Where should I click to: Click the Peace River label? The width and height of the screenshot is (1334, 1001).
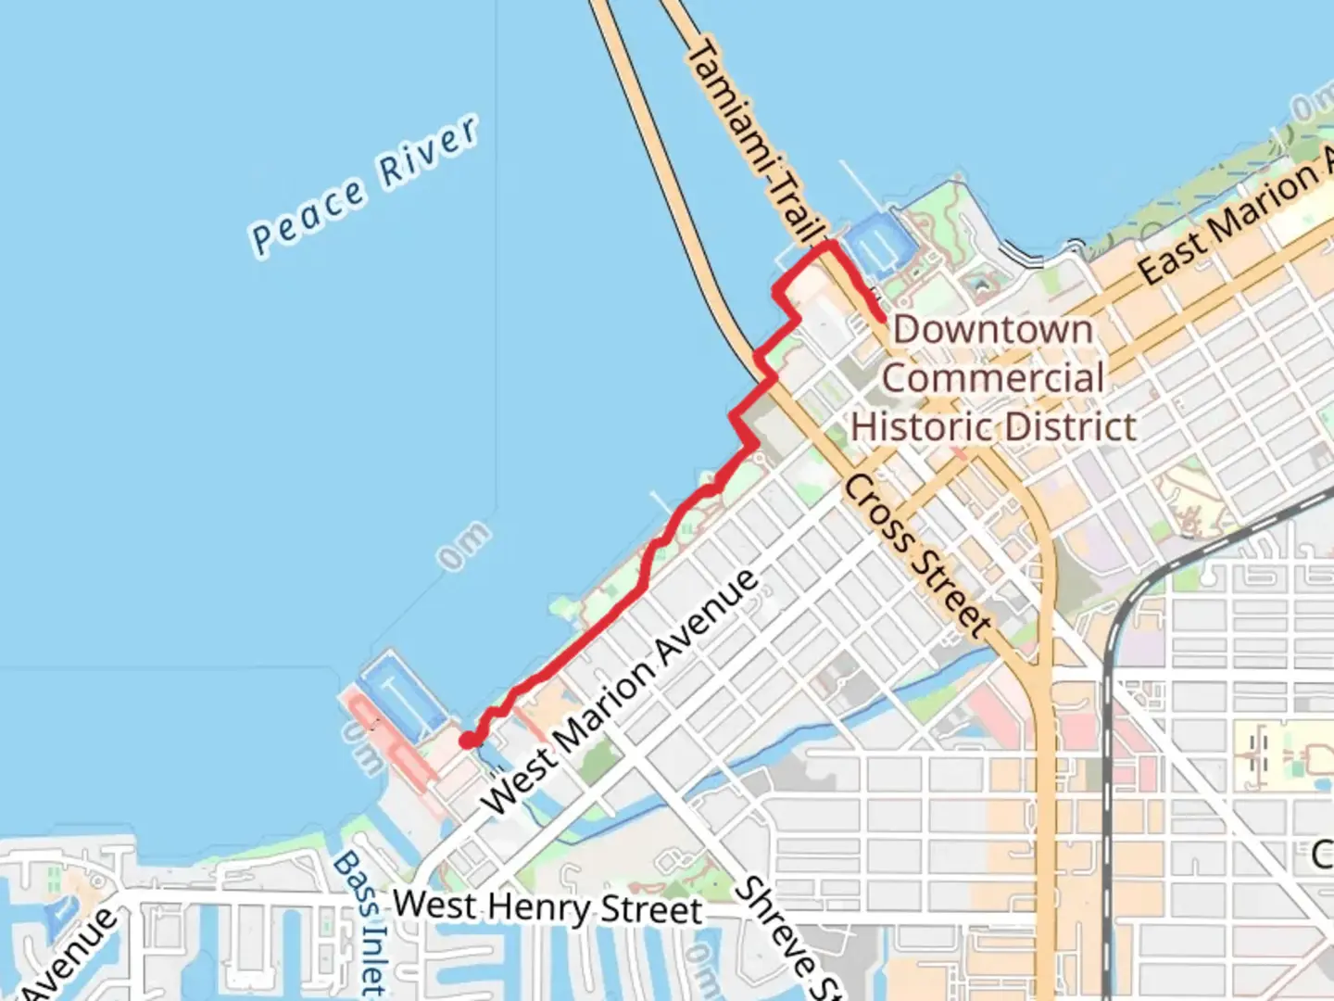click(365, 185)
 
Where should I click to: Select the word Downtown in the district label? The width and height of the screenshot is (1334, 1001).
click(992, 330)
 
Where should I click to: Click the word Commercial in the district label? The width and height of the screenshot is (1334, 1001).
click(992, 378)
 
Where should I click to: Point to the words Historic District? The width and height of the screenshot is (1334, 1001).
click(993, 427)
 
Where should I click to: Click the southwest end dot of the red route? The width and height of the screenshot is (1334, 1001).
click(470, 740)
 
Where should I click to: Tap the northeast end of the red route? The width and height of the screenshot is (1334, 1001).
click(878, 317)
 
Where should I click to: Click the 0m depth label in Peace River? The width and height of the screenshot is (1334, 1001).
click(463, 545)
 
